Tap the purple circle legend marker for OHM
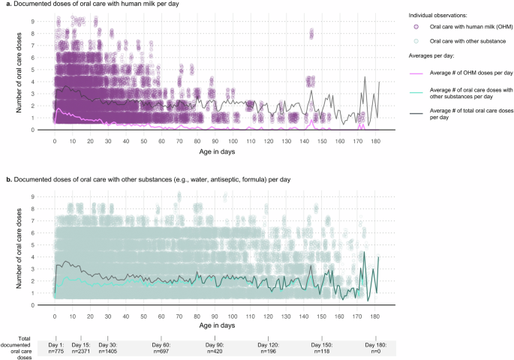(416, 27)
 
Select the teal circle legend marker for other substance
(416, 41)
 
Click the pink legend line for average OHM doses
(416, 73)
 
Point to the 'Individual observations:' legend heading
(437, 16)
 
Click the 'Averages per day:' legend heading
(431, 55)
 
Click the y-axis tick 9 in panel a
(33, 21)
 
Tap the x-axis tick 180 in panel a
(375, 142)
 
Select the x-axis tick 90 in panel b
(215, 316)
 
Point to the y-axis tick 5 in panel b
(33, 245)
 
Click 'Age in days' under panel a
(217, 151)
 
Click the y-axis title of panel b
(19, 248)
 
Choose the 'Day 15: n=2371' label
(81, 348)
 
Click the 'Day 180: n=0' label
(376, 348)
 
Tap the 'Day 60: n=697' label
(161, 348)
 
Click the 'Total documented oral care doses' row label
(17, 348)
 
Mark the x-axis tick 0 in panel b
(55, 316)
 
